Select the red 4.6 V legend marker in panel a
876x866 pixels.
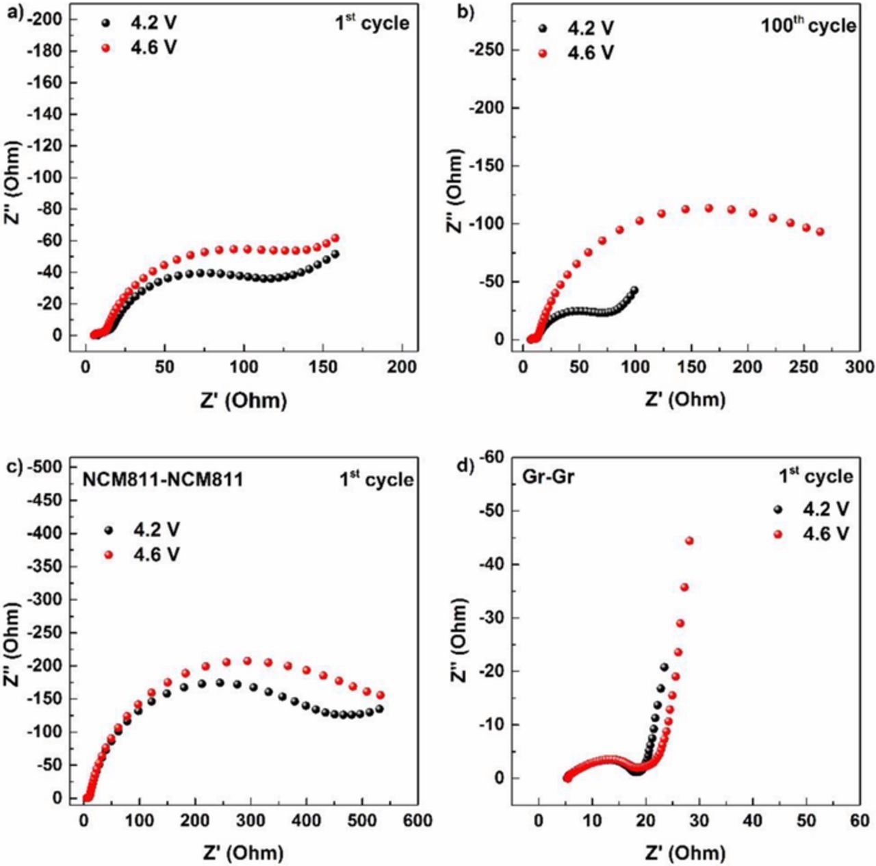pos(105,48)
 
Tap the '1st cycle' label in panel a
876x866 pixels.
pos(372,23)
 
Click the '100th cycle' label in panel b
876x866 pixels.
pos(808,25)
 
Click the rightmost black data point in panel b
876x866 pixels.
pos(634,290)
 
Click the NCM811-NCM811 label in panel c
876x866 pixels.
pos(162,479)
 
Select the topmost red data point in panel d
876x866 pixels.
pos(689,541)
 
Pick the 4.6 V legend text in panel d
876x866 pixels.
pos(826,533)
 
